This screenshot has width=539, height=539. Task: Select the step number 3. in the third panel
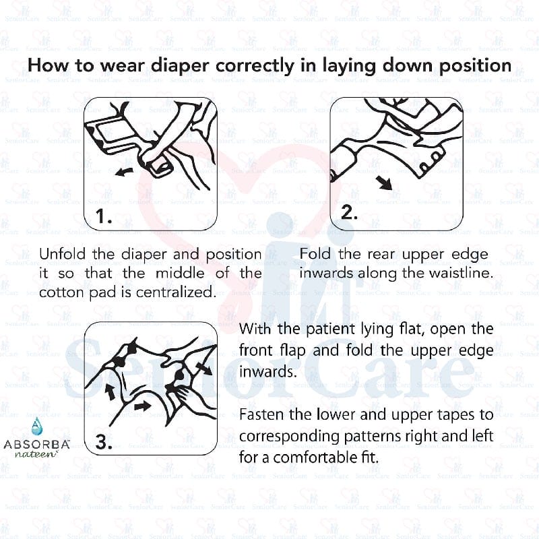click(x=104, y=443)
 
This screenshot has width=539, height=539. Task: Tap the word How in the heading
click(x=46, y=66)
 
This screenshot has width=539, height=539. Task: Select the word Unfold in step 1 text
click(x=63, y=255)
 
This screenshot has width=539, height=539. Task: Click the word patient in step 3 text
click(x=322, y=330)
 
